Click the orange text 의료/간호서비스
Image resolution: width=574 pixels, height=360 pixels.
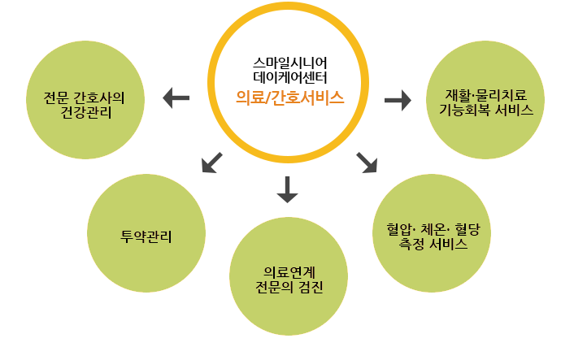[289, 98]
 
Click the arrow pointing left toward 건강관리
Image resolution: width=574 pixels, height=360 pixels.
[176, 98]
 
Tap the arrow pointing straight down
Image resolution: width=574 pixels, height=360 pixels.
[288, 188]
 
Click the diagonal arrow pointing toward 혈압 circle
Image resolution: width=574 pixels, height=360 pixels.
[367, 162]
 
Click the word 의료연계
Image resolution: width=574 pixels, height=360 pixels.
[289, 272]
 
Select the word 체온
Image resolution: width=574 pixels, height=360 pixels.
[433, 228]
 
